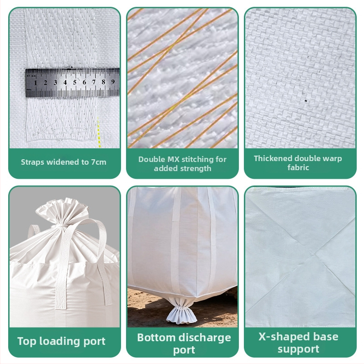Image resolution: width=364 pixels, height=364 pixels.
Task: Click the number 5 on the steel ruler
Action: (x=75, y=82)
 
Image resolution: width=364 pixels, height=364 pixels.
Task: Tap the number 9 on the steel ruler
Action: (x=113, y=82)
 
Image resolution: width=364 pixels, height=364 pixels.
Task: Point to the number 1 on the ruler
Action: (x=35, y=83)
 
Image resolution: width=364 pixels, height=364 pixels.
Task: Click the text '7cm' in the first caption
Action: (x=99, y=162)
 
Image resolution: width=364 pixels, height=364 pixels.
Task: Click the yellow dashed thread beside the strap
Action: (x=98, y=132)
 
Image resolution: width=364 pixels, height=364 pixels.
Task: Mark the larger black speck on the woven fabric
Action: (x=305, y=101)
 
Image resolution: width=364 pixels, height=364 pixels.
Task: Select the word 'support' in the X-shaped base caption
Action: (x=298, y=349)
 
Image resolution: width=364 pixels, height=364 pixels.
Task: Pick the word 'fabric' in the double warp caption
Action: (x=298, y=167)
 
